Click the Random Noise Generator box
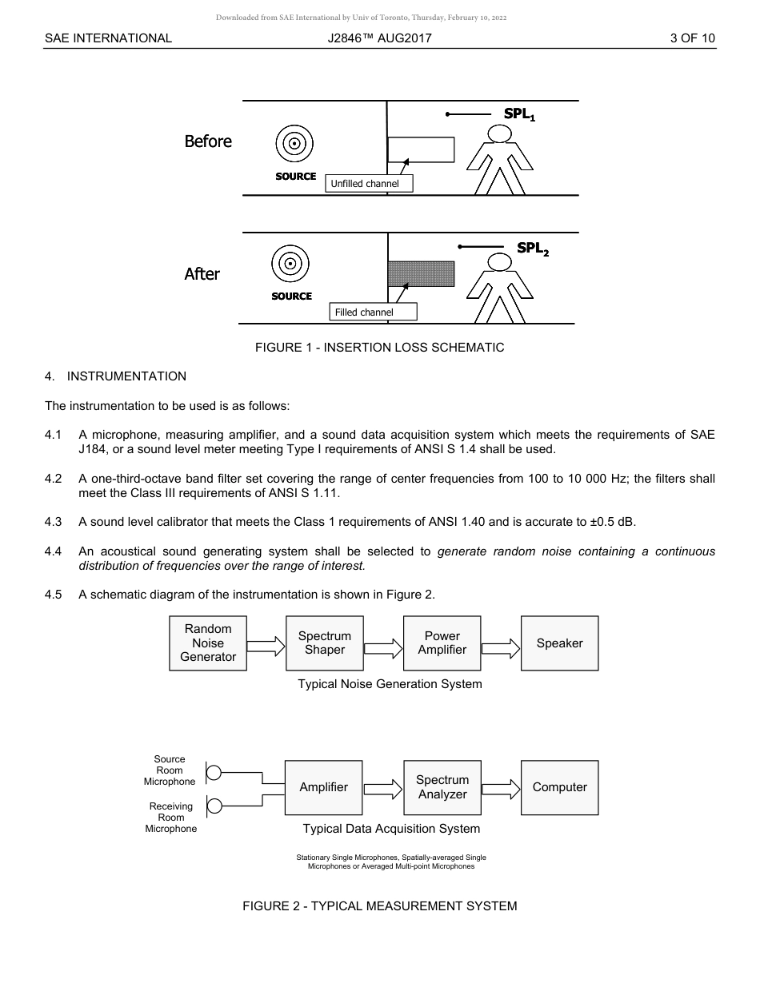[208, 643]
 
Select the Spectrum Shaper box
[324, 643]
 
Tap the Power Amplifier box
[442, 643]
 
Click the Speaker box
[559, 643]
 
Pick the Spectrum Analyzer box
[442, 787]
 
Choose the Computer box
[559, 787]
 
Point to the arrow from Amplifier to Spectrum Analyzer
[383, 790]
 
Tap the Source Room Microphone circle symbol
[214, 773]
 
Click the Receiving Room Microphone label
[170, 818]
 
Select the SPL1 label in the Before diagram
[518, 114]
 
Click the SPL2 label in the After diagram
[532, 249]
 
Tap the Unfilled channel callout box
[369, 184]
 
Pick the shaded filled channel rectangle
[421, 273]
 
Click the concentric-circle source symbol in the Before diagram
[294, 145]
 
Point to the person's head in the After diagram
[500, 262]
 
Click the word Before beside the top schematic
[207, 141]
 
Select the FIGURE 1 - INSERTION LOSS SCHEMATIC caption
[379, 348]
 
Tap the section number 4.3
[53, 522]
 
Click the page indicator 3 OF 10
[692, 38]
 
